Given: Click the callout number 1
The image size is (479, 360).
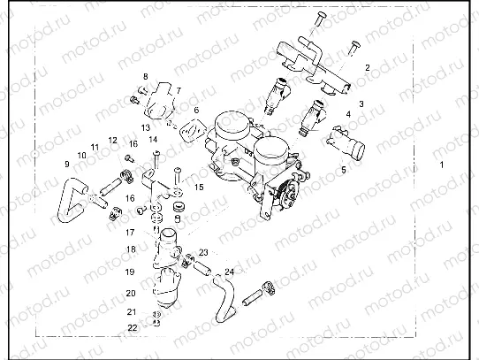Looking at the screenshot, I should [x=442, y=165].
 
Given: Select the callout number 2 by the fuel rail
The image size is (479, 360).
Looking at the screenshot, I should [x=367, y=67].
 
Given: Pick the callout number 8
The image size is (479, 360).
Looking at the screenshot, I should [x=146, y=77].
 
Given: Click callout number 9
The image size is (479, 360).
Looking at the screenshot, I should [x=65, y=164].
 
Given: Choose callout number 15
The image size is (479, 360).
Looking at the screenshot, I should [x=199, y=188].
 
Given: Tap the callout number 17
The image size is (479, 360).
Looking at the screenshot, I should [x=130, y=232].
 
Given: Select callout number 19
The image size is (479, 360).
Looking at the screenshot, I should [x=130, y=272].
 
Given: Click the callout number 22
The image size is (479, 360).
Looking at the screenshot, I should [x=132, y=327].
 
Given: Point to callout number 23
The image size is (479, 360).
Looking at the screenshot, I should [x=202, y=252].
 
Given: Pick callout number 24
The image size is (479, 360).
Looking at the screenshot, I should [x=229, y=271].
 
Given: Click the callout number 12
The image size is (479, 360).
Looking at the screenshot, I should [x=113, y=140].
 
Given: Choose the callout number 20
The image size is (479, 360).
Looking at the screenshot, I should [x=131, y=292].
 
